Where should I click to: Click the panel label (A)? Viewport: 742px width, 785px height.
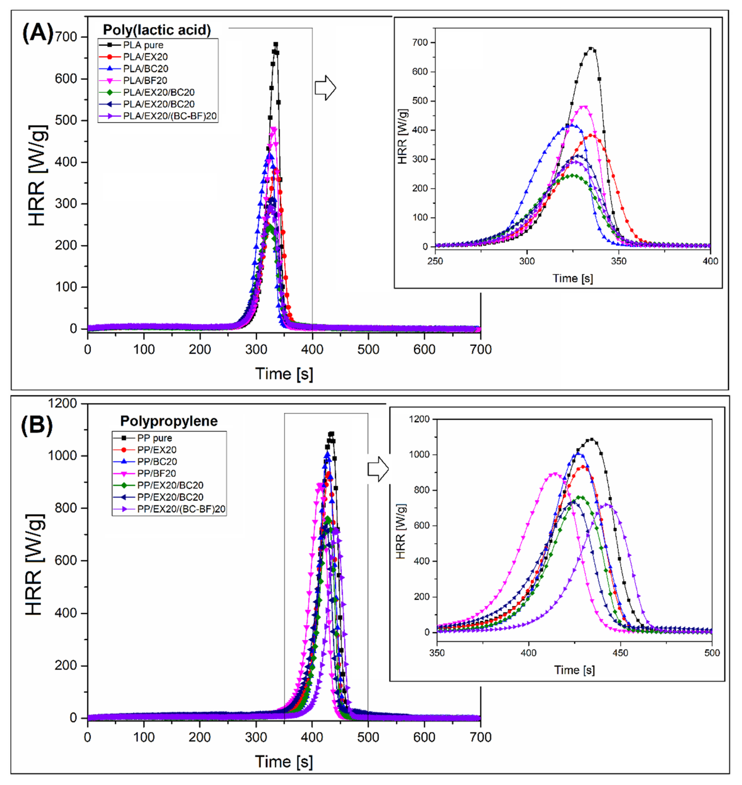(x=37, y=34)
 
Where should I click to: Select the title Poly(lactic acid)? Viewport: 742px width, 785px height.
(x=157, y=30)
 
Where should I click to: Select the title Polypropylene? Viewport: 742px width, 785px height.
(x=169, y=421)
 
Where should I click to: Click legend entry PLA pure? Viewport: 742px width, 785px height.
(x=143, y=45)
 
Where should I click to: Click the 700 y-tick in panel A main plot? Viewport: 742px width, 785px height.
(x=67, y=37)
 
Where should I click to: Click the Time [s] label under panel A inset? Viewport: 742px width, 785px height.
(x=572, y=278)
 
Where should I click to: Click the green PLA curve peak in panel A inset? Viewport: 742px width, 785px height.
(x=572, y=175)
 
